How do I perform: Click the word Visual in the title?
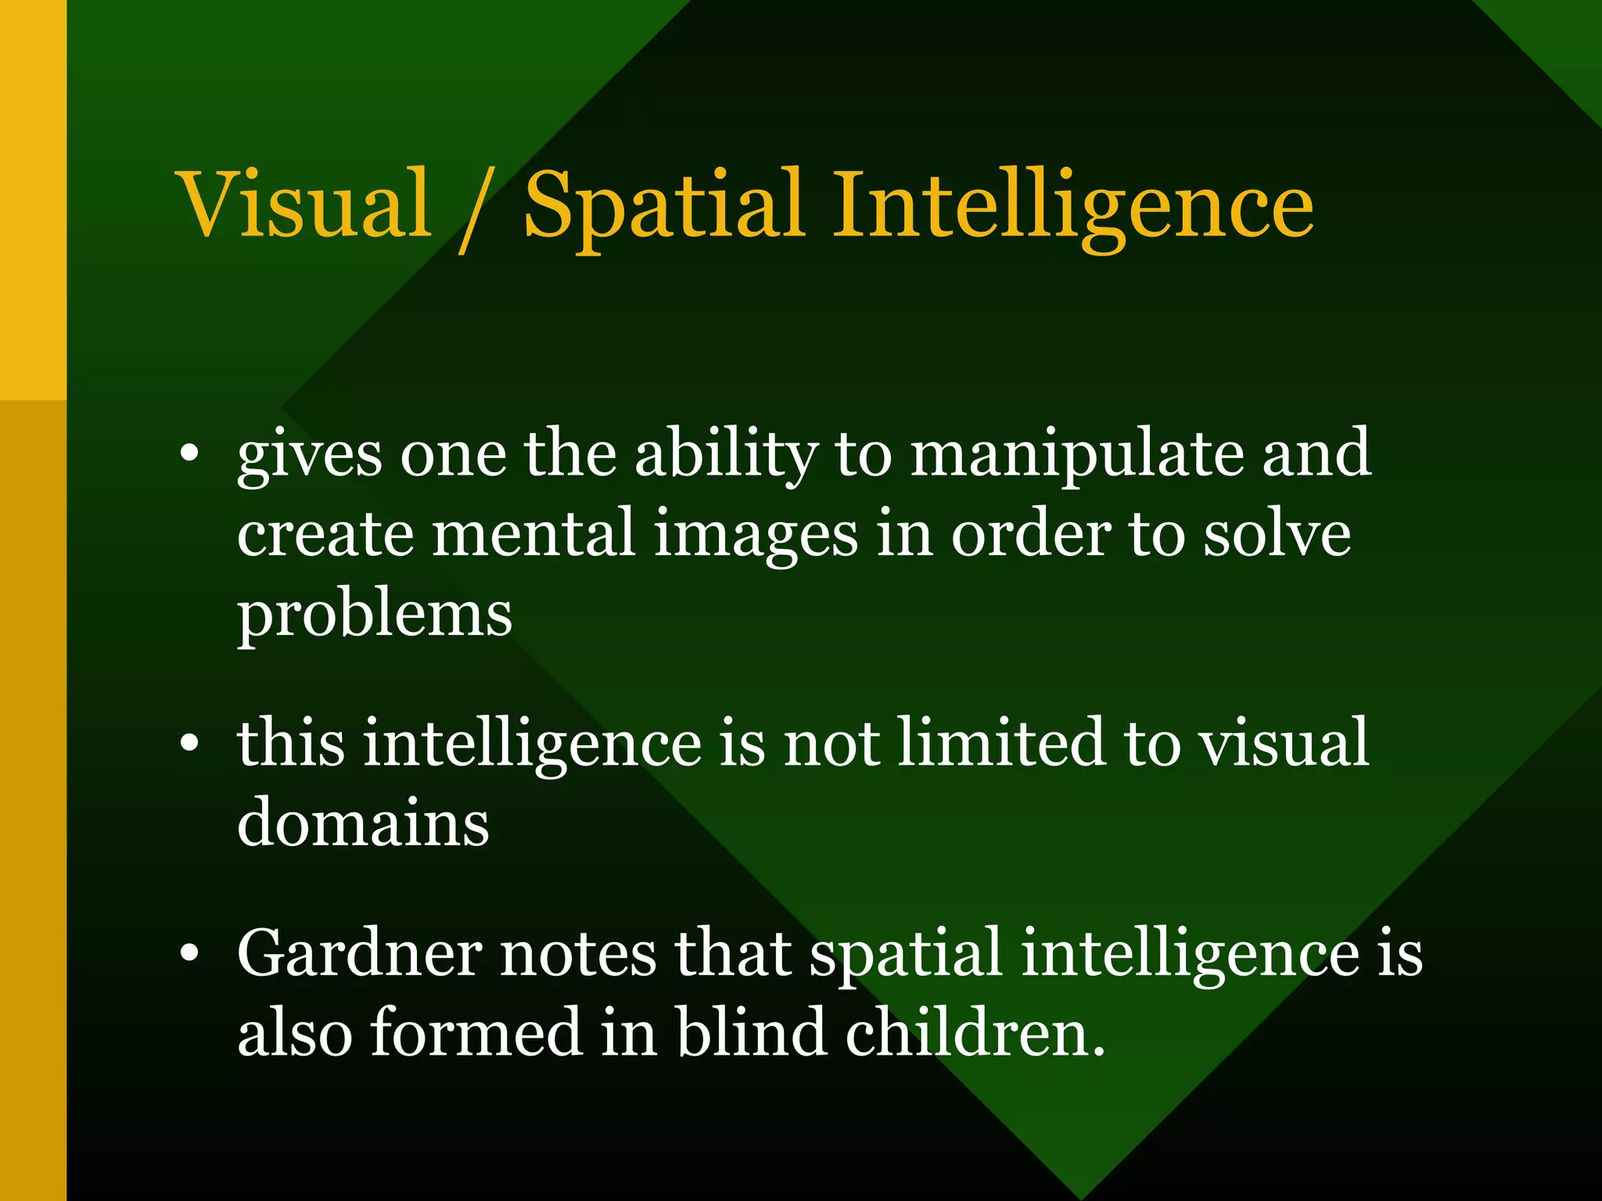pos(305,204)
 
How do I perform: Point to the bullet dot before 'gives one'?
pos(189,454)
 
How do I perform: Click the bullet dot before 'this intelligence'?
pos(189,744)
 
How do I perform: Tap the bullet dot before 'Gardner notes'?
pos(189,954)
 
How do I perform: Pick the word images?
pos(756,533)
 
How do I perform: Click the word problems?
pos(375,615)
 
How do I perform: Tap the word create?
pos(325,533)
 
